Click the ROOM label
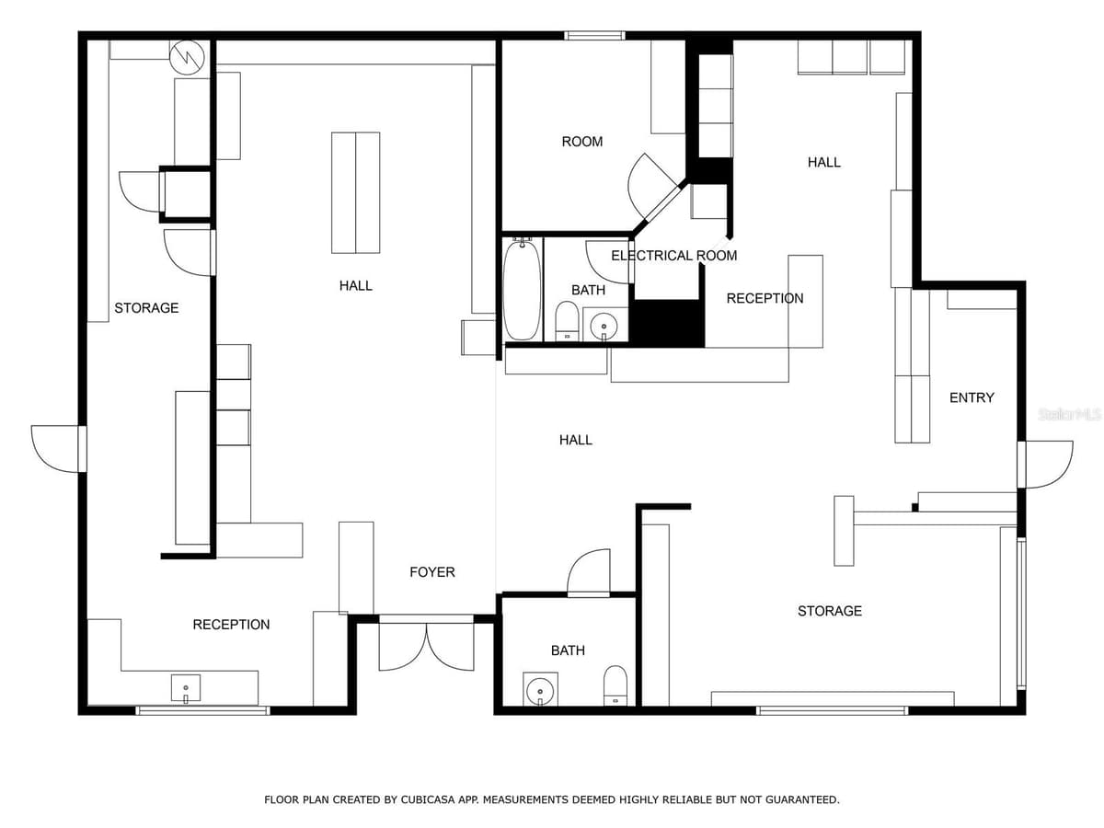(582, 142)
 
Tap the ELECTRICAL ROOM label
(674, 256)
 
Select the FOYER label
(432, 572)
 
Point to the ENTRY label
(972, 397)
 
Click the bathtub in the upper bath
(522, 290)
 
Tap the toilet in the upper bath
(568, 321)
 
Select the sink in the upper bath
(604, 325)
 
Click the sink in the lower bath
(540, 690)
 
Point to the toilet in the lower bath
(615, 685)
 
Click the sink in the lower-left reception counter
(186, 688)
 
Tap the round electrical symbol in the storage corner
(187, 58)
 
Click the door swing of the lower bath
(589, 572)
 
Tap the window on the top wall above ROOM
(594, 35)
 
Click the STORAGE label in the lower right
(830, 611)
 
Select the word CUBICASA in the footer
(427, 799)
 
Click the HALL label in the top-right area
(823, 163)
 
